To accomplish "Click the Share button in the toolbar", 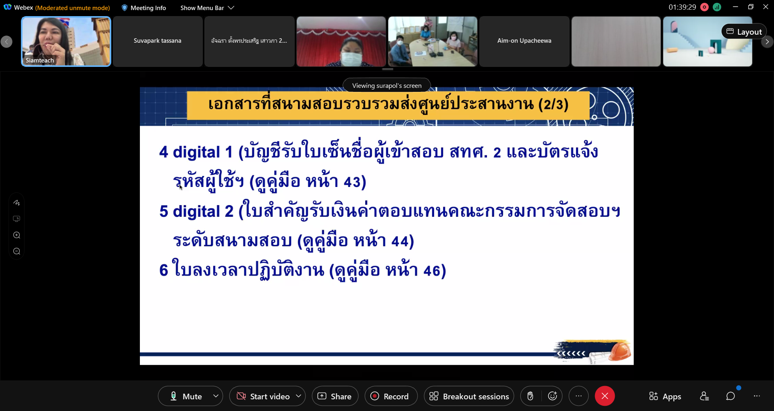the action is click(335, 396).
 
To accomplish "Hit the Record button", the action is click(391, 396).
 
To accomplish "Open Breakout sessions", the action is click(469, 396).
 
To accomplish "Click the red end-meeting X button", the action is click(605, 396).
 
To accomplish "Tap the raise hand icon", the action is click(531, 396).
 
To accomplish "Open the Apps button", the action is click(665, 396).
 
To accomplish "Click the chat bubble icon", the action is click(730, 396).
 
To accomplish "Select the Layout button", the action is click(744, 32).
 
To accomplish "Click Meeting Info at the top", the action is click(144, 8).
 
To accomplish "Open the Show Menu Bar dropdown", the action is click(207, 8).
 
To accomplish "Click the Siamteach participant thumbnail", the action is click(66, 41).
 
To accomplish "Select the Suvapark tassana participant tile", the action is click(158, 41).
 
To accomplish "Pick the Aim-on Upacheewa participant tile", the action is click(524, 41).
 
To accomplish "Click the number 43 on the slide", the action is click(352, 182).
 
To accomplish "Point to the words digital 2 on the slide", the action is click(203, 212).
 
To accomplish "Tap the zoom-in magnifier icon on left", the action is click(17, 235).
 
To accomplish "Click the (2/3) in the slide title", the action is click(553, 104).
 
